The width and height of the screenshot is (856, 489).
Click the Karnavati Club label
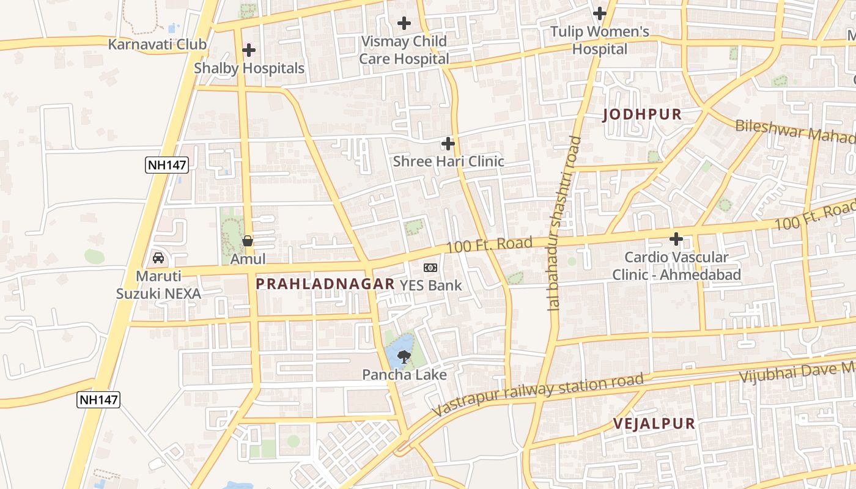pos(157,45)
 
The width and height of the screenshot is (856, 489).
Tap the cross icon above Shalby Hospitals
pos(249,50)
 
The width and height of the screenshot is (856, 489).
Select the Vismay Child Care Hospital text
pos(404,50)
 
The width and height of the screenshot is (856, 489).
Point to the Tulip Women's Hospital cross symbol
pos(600,13)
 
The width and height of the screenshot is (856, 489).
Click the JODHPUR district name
pos(642,114)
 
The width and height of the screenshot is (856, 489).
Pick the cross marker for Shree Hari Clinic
pos(448,144)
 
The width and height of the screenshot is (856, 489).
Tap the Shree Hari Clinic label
pos(448,161)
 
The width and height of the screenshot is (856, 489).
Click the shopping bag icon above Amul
pos(248,241)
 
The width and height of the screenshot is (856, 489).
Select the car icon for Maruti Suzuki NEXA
pos(158,258)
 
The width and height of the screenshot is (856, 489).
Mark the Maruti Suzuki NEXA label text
pos(158,285)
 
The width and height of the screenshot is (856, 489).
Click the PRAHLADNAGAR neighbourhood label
pos(325,284)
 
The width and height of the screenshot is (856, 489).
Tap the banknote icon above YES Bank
pos(430,268)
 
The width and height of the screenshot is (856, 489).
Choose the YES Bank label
pos(430,285)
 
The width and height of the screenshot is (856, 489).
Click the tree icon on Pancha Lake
pos(404,356)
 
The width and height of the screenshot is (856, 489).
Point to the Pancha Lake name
pos(404,375)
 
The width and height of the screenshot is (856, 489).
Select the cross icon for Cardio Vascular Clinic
pos(676,239)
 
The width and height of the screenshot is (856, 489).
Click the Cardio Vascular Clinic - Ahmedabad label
pos(676,266)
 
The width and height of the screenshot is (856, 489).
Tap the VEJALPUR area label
pos(654,424)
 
